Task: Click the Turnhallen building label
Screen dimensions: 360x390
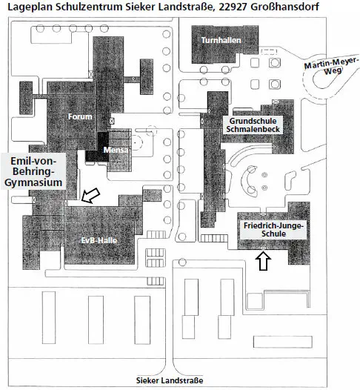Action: (x=221, y=40)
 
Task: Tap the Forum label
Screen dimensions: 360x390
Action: (x=80, y=116)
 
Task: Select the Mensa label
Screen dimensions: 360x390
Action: (x=116, y=150)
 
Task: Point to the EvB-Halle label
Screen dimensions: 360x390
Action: (x=99, y=240)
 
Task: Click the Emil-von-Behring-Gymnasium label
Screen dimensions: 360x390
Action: (x=33, y=171)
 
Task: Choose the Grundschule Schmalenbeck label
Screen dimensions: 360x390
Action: (x=253, y=125)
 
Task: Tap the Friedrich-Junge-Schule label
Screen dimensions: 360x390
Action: (x=273, y=230)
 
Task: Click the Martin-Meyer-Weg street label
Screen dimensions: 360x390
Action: (x=332, y=66)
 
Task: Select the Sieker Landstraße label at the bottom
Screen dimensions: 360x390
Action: (x=170, y=380)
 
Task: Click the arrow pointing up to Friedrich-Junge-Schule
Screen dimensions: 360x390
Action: (x=263, y=261)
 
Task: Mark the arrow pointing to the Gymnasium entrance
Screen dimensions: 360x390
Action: (x=91, y=196)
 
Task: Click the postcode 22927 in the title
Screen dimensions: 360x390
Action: (x=233, y=7)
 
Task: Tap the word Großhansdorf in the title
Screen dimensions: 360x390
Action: (x=284, y=7)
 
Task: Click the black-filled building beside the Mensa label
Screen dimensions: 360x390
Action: (x=97, y=148)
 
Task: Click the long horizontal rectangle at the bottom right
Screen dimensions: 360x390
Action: (x=283, y=342)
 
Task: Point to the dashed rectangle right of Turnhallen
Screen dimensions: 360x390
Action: (x=269, y=51)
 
